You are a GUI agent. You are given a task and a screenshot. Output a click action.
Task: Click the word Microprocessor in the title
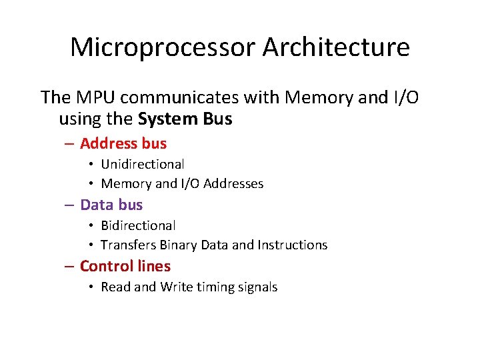coord(162,48)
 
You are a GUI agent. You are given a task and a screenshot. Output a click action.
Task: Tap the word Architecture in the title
coord(336,48)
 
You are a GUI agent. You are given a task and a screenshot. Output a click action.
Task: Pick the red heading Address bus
coord(123,143)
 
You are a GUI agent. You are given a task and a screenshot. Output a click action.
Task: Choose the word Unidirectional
coord(142,164)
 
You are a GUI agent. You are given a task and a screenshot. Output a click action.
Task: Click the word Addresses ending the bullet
coord(233,183)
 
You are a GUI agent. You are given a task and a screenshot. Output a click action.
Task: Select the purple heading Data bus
coord(111,205)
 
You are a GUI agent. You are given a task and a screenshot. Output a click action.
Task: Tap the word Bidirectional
coord(138,225)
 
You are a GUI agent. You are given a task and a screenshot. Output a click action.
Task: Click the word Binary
coord(177,245)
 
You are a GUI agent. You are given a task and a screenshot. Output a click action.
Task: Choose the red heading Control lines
coord(125,266)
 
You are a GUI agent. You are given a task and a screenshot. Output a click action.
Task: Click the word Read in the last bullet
coord(115,287)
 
